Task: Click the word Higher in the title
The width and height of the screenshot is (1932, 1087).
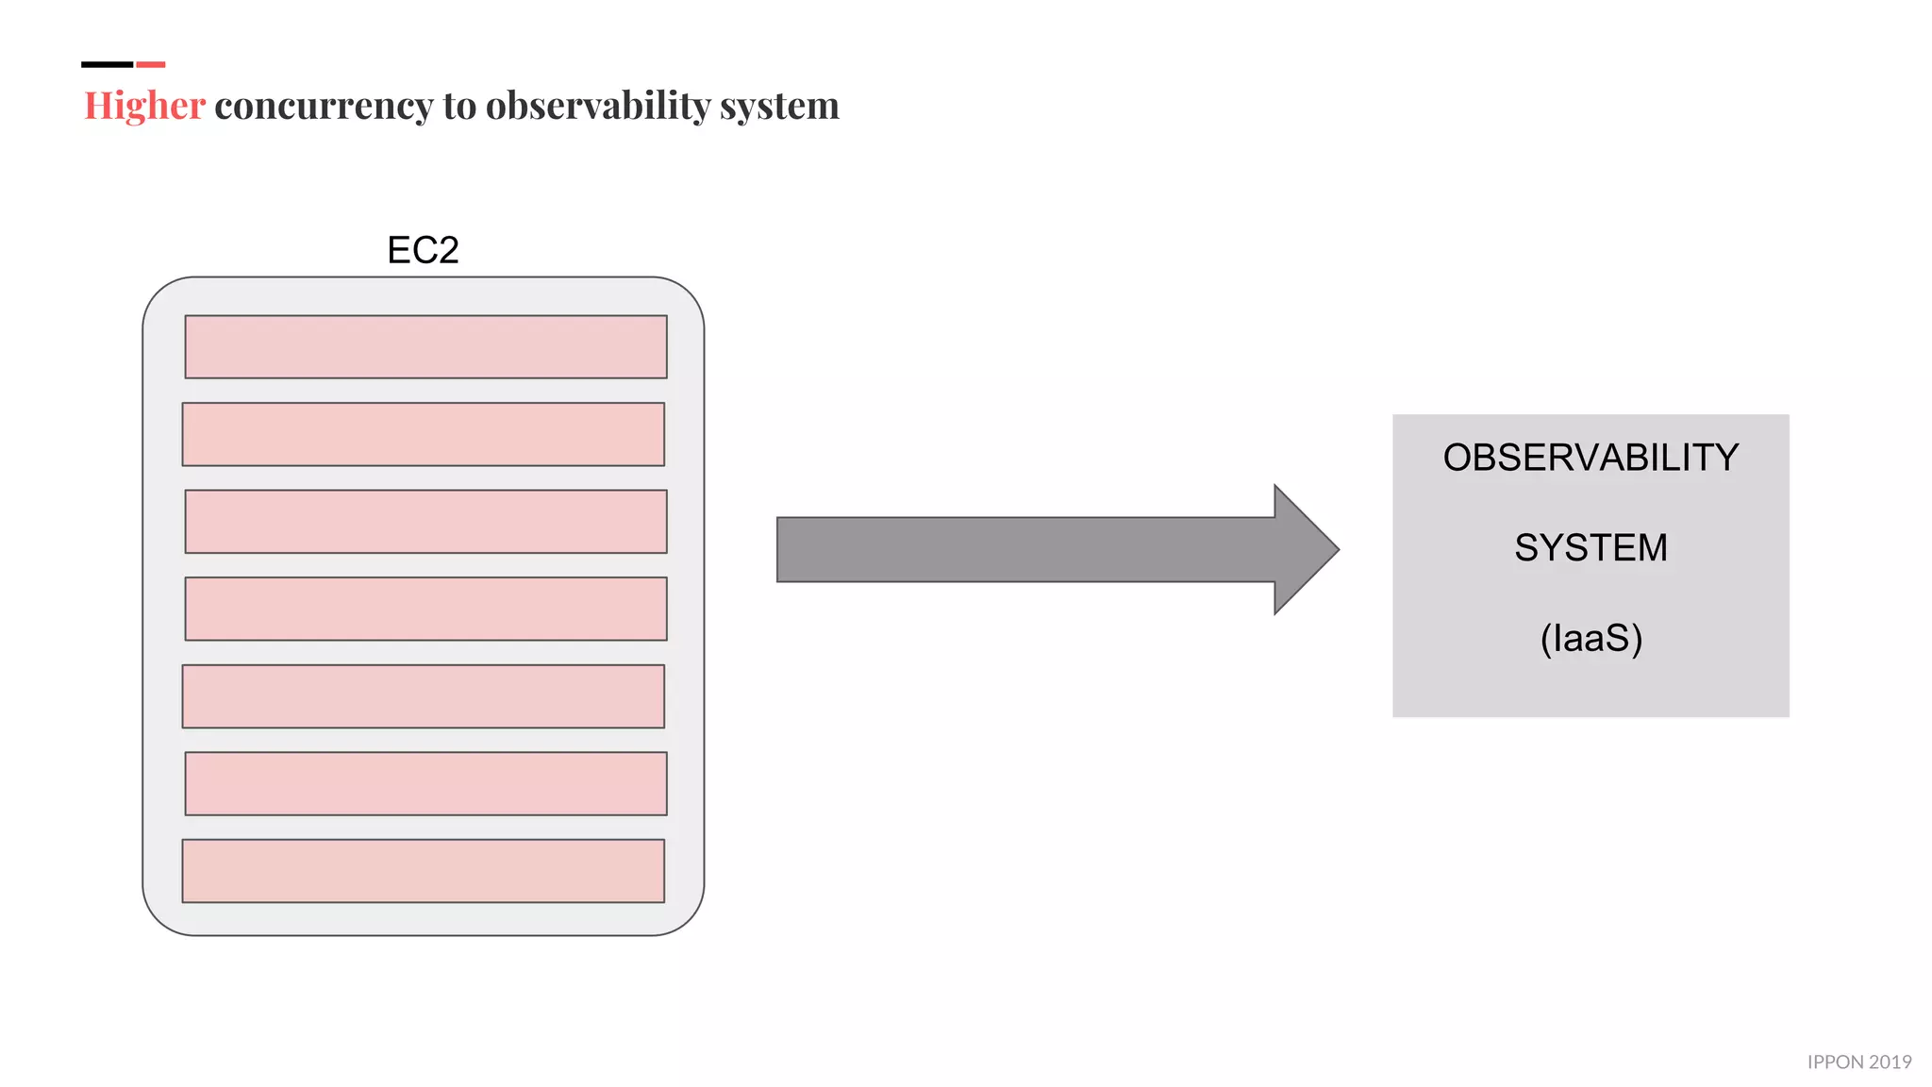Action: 144,106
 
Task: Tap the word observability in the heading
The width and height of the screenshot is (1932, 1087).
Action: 597,106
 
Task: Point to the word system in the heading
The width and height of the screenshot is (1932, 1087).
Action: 779,106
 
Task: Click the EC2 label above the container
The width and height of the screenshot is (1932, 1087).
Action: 423,250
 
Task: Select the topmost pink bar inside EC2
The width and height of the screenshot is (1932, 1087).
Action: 425,346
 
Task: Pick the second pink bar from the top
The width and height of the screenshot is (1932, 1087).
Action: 423,434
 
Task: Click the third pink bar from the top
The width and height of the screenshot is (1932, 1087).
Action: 425,521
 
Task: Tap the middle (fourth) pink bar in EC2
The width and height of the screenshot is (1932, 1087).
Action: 425,609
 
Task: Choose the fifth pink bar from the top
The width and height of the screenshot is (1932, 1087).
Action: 423,696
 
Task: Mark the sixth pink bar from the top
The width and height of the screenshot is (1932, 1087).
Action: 425,783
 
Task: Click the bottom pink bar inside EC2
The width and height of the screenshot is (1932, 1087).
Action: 423,871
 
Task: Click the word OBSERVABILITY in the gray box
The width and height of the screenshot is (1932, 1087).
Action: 1591,458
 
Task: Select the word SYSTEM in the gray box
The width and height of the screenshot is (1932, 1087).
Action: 1591,548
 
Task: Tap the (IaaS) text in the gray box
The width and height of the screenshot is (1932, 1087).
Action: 1591,639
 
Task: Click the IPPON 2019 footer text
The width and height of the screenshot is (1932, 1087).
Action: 1858,1062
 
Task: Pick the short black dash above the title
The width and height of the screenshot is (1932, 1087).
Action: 107,64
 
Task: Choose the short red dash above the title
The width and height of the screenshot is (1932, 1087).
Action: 151,64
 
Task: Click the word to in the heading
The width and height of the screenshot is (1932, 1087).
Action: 459,106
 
